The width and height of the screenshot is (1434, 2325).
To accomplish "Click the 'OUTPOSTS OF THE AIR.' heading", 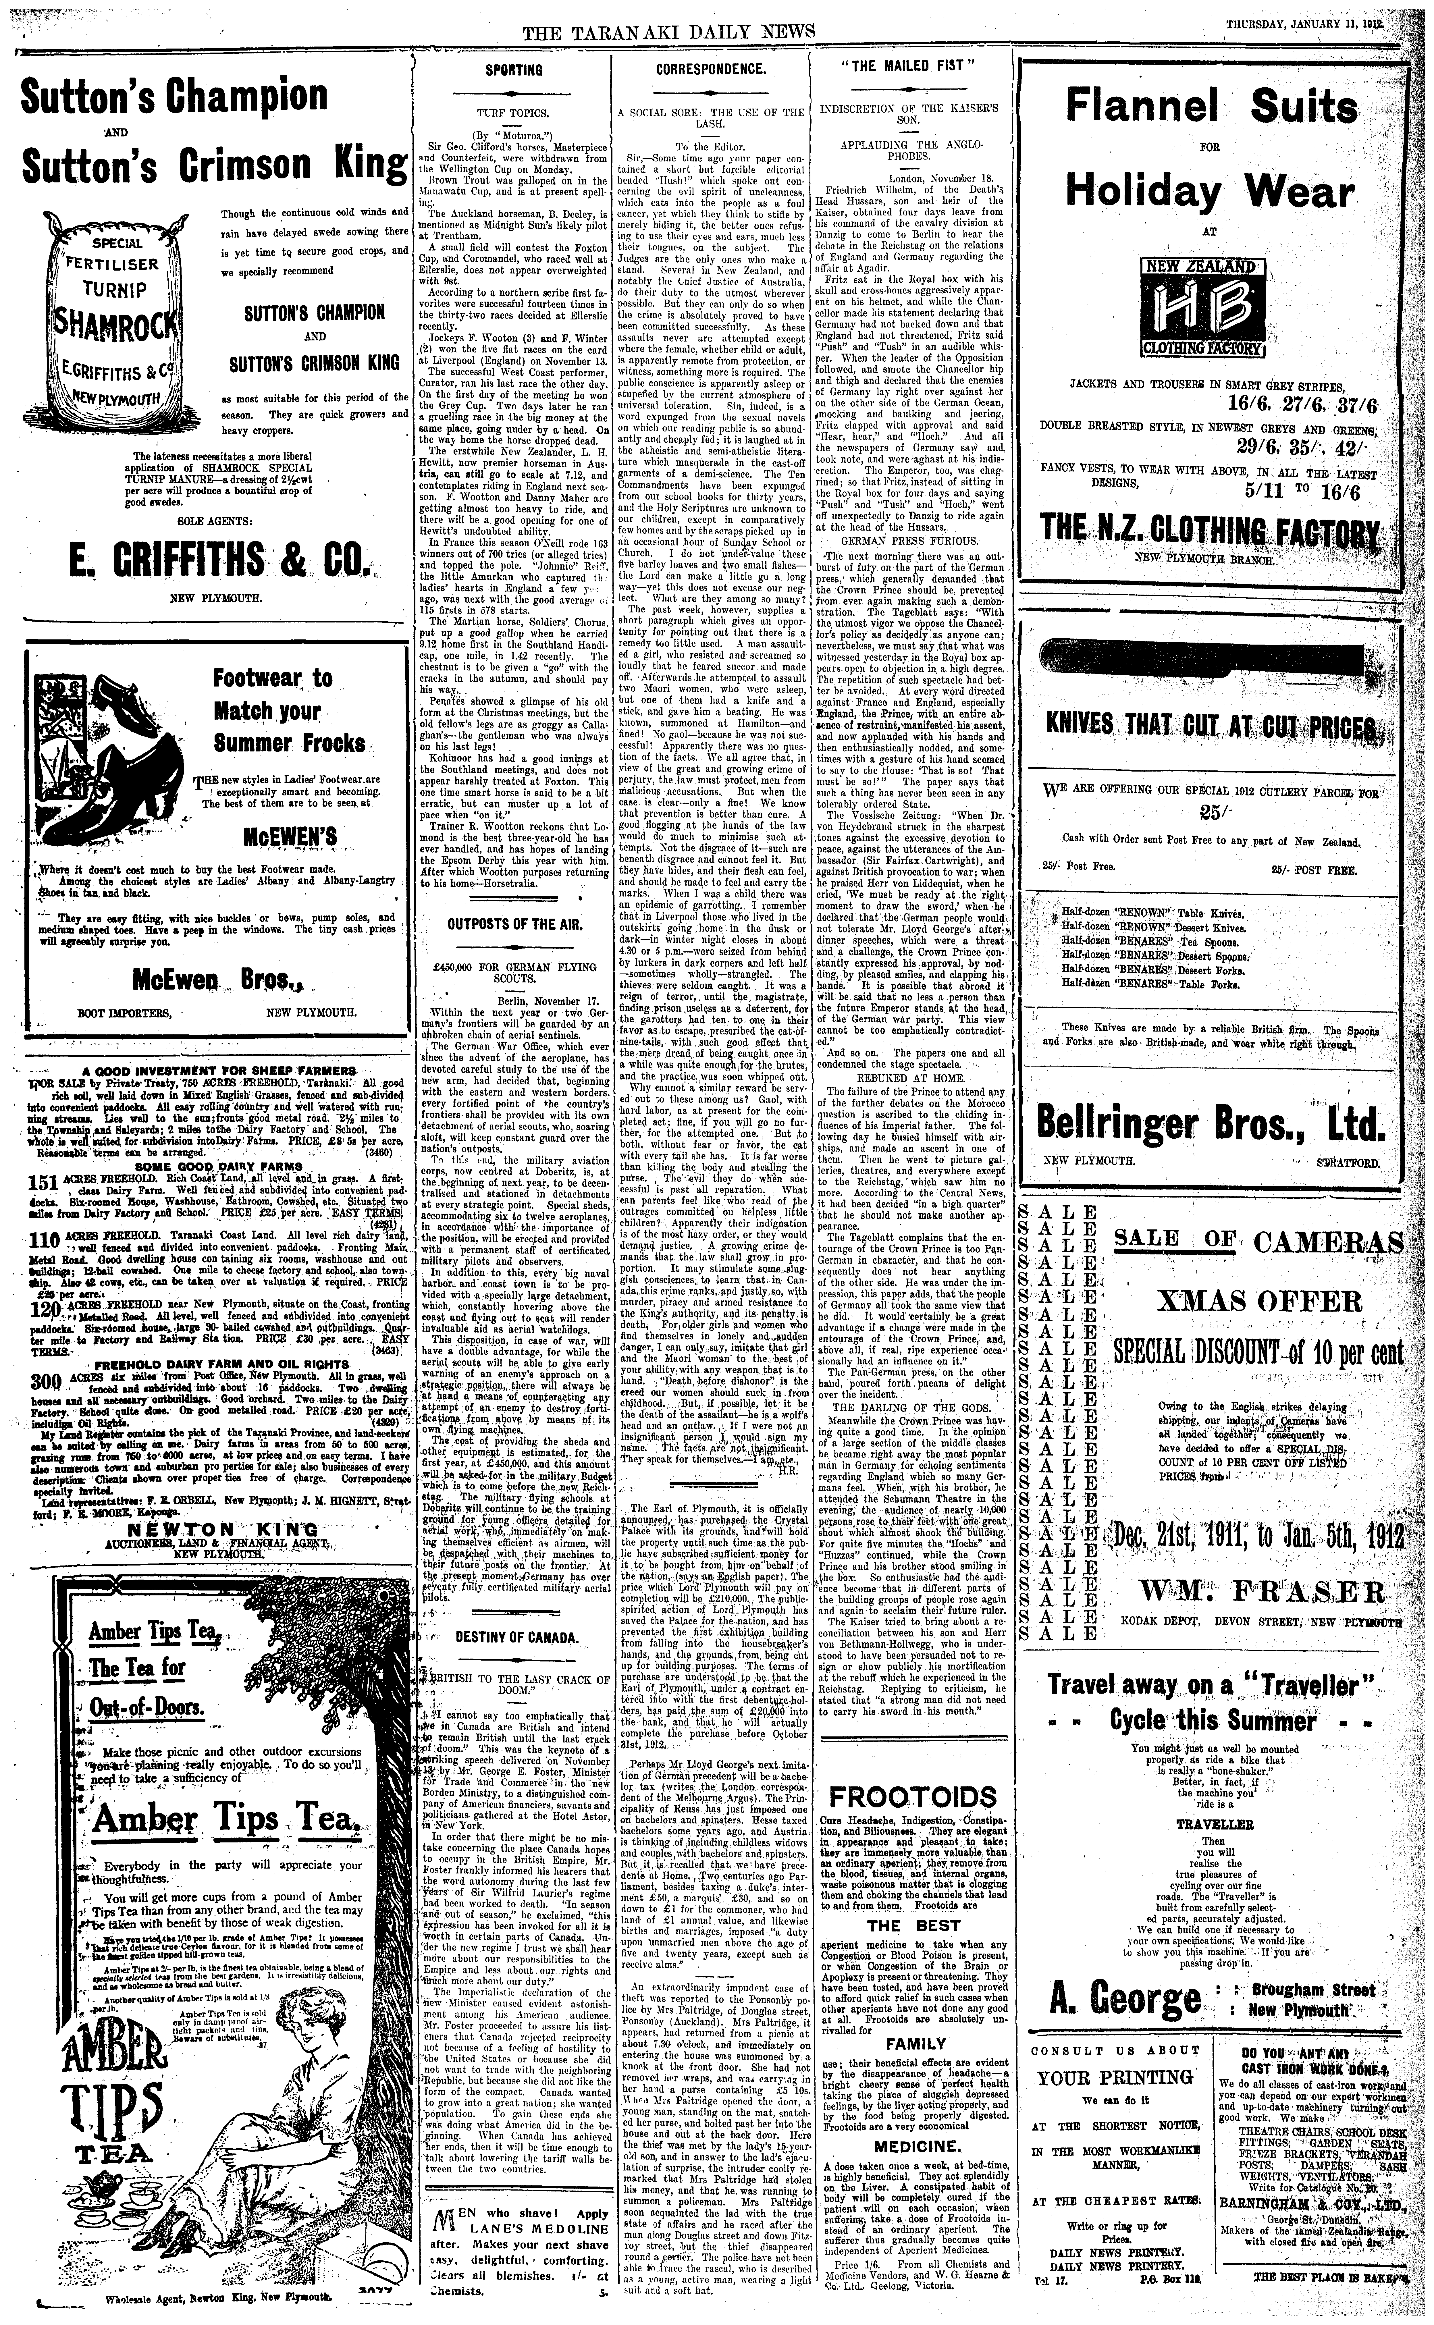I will click(513, 926).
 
